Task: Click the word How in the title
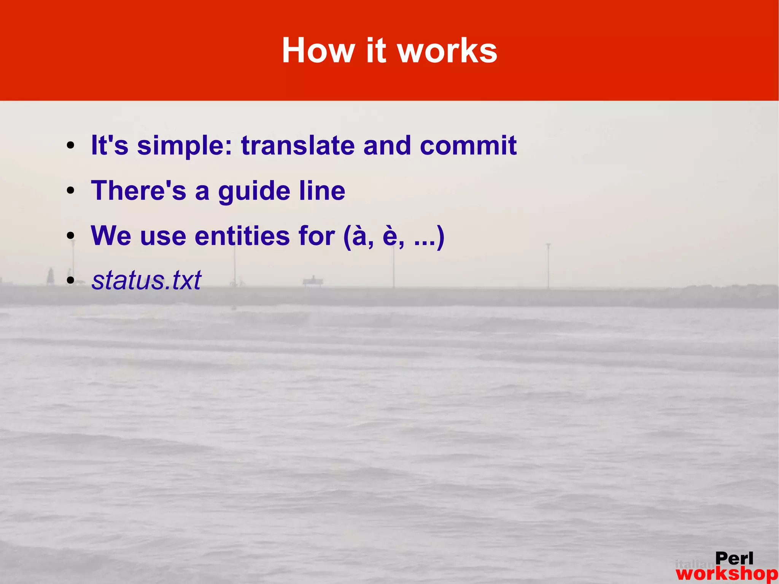[x=318, y=51]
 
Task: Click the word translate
[x=298, y=146]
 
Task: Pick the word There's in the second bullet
[x=138, y=191]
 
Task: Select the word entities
[x=242, y=236]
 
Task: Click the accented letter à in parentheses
[x=360, y=236]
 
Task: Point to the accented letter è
[x=390, y=236]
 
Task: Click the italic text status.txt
[x=146, y=280]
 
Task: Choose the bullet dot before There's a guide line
[x=70, y=191]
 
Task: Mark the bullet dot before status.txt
[x=70, y=281]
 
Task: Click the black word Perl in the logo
[x=734, y=559]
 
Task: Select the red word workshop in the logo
[x=727, y=574]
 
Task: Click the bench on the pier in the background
[x=313, y=282]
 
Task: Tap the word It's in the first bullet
[x=110, y=146]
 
